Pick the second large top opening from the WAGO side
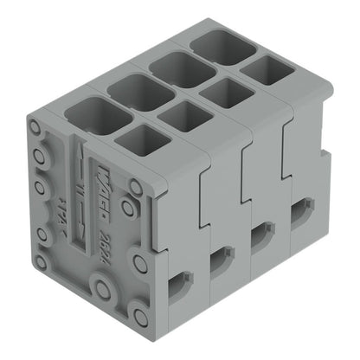[140, 91]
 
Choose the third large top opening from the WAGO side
[181, 68]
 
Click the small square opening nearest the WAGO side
[142, 139]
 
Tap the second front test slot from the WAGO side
[222, 257]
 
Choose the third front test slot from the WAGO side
[262, 234]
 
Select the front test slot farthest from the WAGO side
[301, 212]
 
